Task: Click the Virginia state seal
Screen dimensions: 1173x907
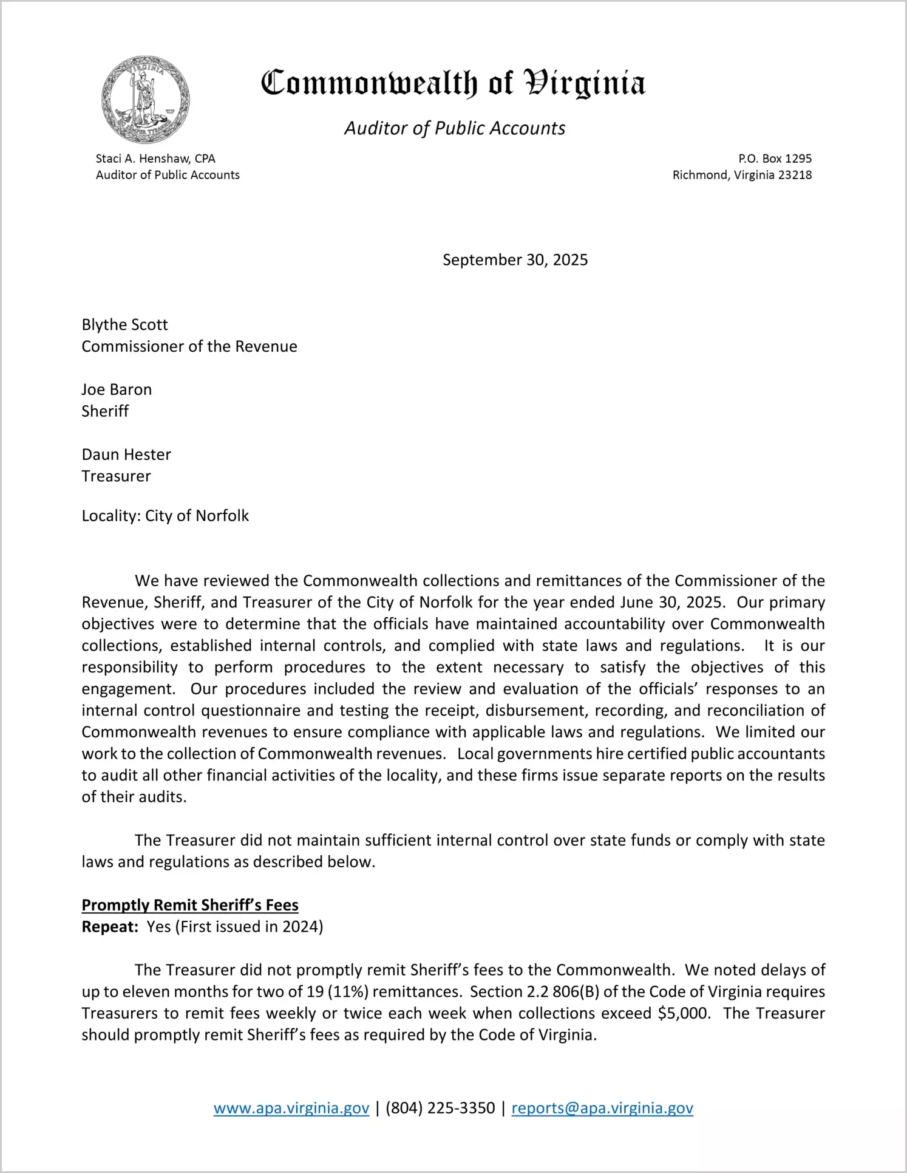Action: pos(146,100)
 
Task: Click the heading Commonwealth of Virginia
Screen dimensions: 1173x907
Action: pos(453,83)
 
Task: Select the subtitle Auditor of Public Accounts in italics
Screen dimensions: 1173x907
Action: pos(455,128)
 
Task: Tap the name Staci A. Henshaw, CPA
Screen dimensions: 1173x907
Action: pos(155,159)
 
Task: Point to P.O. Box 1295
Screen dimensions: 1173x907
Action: pos(775,159)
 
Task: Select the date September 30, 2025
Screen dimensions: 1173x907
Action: pos(515,260)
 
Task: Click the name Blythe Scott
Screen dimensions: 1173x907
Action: pos(124,325)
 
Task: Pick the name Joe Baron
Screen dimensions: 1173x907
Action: pos(117,390)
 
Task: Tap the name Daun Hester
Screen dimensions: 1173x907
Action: pos(126,455)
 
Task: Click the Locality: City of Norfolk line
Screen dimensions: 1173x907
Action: pos(165,516)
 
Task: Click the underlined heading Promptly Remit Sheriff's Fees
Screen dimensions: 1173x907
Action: pos(190,905)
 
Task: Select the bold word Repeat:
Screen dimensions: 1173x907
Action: pos(110,927)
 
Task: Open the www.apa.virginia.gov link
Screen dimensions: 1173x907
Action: pos(291,1108)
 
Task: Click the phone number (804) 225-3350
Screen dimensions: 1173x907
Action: pos(440,1108)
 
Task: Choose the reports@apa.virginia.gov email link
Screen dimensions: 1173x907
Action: pos(602,1108)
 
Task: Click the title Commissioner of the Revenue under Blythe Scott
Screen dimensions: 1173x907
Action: pos(189,347)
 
